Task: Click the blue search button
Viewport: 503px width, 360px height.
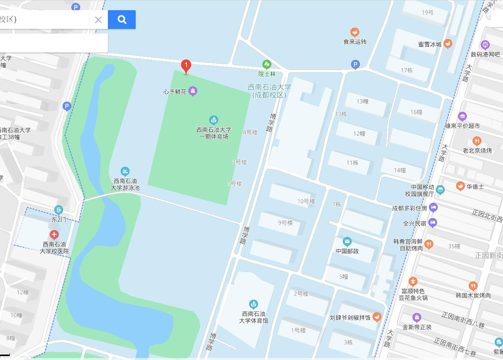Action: (x=122, y=20)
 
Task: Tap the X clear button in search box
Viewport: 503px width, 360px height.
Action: (x=98, y=20)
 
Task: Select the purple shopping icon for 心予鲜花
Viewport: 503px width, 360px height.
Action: (x=192, y=91)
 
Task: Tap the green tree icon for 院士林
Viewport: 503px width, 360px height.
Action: (x=267, y=64)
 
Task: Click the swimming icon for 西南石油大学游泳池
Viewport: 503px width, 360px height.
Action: (x=125, y=172)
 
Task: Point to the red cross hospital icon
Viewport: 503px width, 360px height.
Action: (x=54, y=235)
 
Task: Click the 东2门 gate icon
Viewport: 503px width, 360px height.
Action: (x=59, y=210)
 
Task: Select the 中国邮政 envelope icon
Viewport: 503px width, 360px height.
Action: (x=347, y=242)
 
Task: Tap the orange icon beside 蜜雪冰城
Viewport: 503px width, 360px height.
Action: (x=448, y=44)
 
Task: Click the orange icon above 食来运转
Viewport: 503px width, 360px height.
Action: (x=355, y=32)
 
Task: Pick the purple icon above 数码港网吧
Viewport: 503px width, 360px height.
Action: (x=485, y=45)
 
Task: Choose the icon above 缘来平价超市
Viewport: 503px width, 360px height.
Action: (x=462, y=116)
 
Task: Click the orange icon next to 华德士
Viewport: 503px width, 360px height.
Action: (x=460, y=186)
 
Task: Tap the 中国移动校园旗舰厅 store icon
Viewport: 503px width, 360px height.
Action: (x=440, y=190)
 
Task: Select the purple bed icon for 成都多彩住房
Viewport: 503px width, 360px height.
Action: (x=433, y=208)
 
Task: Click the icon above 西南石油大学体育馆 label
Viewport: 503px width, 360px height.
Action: (x=254, y=304)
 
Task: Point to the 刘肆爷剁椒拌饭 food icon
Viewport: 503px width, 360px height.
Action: (x=377, y=317)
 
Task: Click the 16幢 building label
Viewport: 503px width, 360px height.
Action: (x=416, y=112)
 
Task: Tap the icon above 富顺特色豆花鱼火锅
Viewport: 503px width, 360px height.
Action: (x=413, y=281)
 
